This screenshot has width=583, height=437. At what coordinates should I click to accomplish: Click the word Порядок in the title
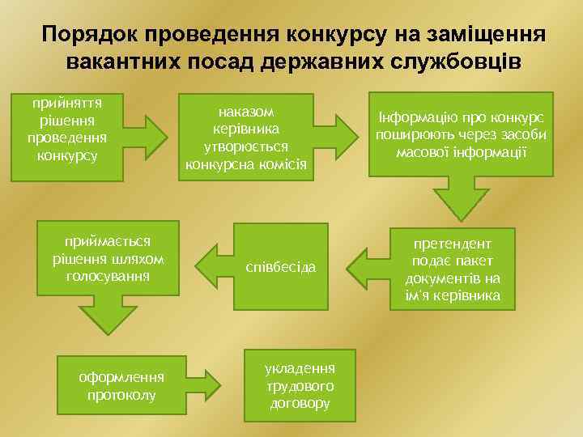tap(91, 35)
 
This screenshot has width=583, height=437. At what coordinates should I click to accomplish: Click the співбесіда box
tap(281, 267)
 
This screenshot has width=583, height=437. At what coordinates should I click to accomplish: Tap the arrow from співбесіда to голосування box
tap(212, 264)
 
